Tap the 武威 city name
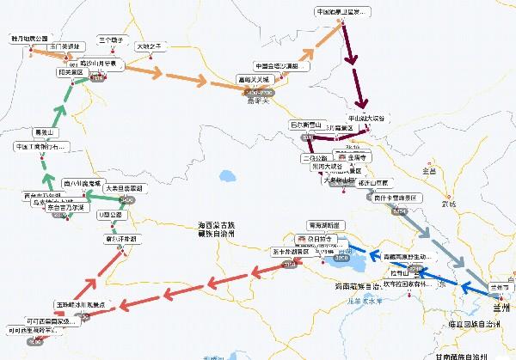pos(446,203)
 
